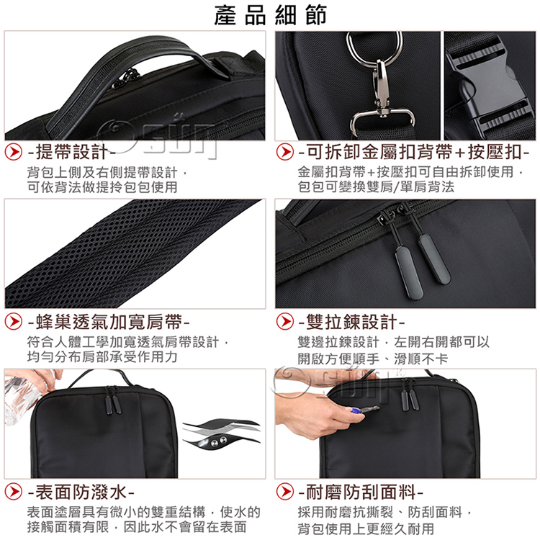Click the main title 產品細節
coord(270,16)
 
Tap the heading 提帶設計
coord(71,152)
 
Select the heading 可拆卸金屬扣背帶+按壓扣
coord(413,152)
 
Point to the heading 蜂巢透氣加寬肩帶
coord(109,322)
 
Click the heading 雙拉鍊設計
coord(351,322)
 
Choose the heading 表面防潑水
coord(81,492)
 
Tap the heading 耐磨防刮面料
coord(361,492)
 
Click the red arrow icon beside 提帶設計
coord(14,152)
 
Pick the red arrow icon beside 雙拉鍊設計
coord(285,322)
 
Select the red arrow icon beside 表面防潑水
coord(14,492)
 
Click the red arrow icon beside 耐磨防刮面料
coord(285,492)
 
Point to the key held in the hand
coord(365,410)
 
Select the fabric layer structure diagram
coord(221,435)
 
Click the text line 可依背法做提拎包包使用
coord(102,187)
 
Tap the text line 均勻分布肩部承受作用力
coord(102,357)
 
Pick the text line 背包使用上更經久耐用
coord(366,528)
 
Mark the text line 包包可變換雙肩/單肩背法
coord(376,187)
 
